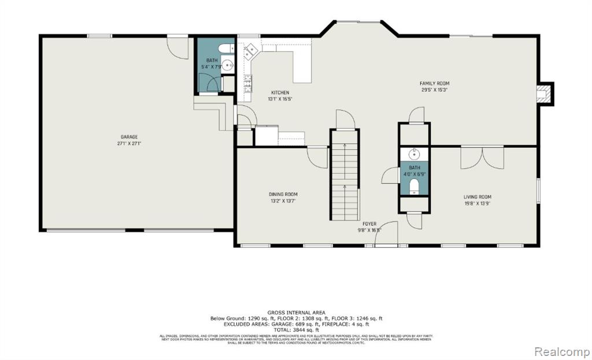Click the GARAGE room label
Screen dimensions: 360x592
(129, 137)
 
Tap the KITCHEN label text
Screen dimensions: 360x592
(280, 92)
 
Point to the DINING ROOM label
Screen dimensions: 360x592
(282, 194)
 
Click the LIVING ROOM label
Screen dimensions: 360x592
(477, 196)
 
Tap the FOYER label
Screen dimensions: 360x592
(369, 224)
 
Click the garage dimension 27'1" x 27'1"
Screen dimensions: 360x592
(129, 143)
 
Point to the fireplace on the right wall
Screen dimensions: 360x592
(543, 94)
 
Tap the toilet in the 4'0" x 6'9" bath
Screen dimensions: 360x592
(413, 187)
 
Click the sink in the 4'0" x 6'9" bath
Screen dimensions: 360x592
(414, 154)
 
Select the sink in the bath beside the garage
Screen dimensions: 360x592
(228, 65)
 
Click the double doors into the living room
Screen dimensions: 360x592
(482, 157)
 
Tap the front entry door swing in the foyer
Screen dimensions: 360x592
(387, 232)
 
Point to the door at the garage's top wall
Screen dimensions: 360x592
(178, 46)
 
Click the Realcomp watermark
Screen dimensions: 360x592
(560, 351)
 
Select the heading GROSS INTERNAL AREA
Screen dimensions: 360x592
(295, 312)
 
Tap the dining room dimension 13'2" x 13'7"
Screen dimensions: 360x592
(282, 201)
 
